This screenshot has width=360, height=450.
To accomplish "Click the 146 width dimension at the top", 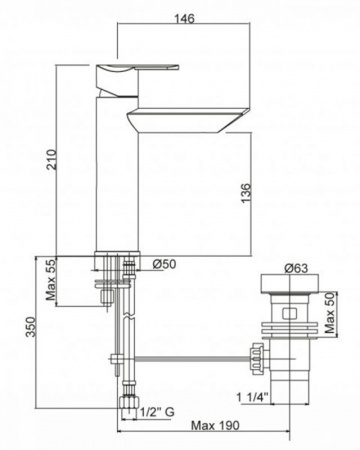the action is coord(184,18).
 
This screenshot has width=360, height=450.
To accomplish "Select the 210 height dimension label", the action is coord(52,160).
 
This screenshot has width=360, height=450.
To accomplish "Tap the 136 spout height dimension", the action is coord(245,193).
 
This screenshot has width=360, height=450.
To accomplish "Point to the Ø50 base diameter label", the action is coord(164,264).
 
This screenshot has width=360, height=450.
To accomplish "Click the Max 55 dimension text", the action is coord(52,280).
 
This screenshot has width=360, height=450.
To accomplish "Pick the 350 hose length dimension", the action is coord(31,327).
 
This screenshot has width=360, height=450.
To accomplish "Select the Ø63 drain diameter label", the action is coord(296,268).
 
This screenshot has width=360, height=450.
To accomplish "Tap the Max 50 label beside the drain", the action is coord(329,314).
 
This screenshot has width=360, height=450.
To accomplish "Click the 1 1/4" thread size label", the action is coord(252,397).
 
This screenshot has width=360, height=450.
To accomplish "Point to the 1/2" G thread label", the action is coord(157,412).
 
